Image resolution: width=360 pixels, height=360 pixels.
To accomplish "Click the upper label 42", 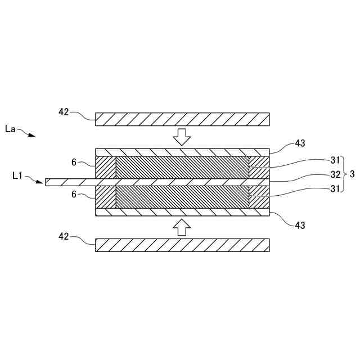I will (64, 112).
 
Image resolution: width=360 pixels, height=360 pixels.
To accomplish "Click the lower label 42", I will (64, 237).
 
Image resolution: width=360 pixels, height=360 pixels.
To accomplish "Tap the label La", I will (10, 129).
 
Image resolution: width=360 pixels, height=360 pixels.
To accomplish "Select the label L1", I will (18, 176).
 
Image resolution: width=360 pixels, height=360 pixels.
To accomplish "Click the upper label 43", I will (300, 143).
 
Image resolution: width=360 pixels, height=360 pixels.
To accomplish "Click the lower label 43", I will (300, 225).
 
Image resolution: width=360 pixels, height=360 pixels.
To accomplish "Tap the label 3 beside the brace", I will (352, 174).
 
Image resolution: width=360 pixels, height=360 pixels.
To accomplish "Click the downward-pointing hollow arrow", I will (181, 136).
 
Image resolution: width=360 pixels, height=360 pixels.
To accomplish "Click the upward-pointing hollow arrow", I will (181, 227).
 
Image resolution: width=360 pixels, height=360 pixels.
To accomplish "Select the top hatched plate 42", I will (182, 119).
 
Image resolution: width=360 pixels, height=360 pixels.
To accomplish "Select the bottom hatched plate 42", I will (182, 245).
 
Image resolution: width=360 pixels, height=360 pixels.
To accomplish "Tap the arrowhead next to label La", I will (32, 135).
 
